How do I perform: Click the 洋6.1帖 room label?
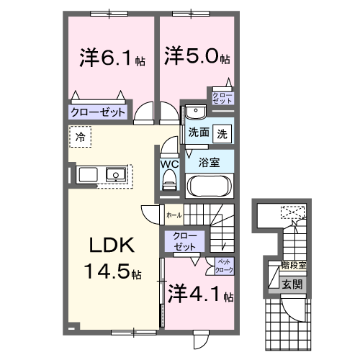point(111,58)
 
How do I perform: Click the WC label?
point(168,163)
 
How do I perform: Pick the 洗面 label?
point(199,132)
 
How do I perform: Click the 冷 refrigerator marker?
point(81,135)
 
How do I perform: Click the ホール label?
point(174,214)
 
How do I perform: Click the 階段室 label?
point(294,266)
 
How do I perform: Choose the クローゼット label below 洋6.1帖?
point(98,113)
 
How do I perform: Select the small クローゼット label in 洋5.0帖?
point(220,97)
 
